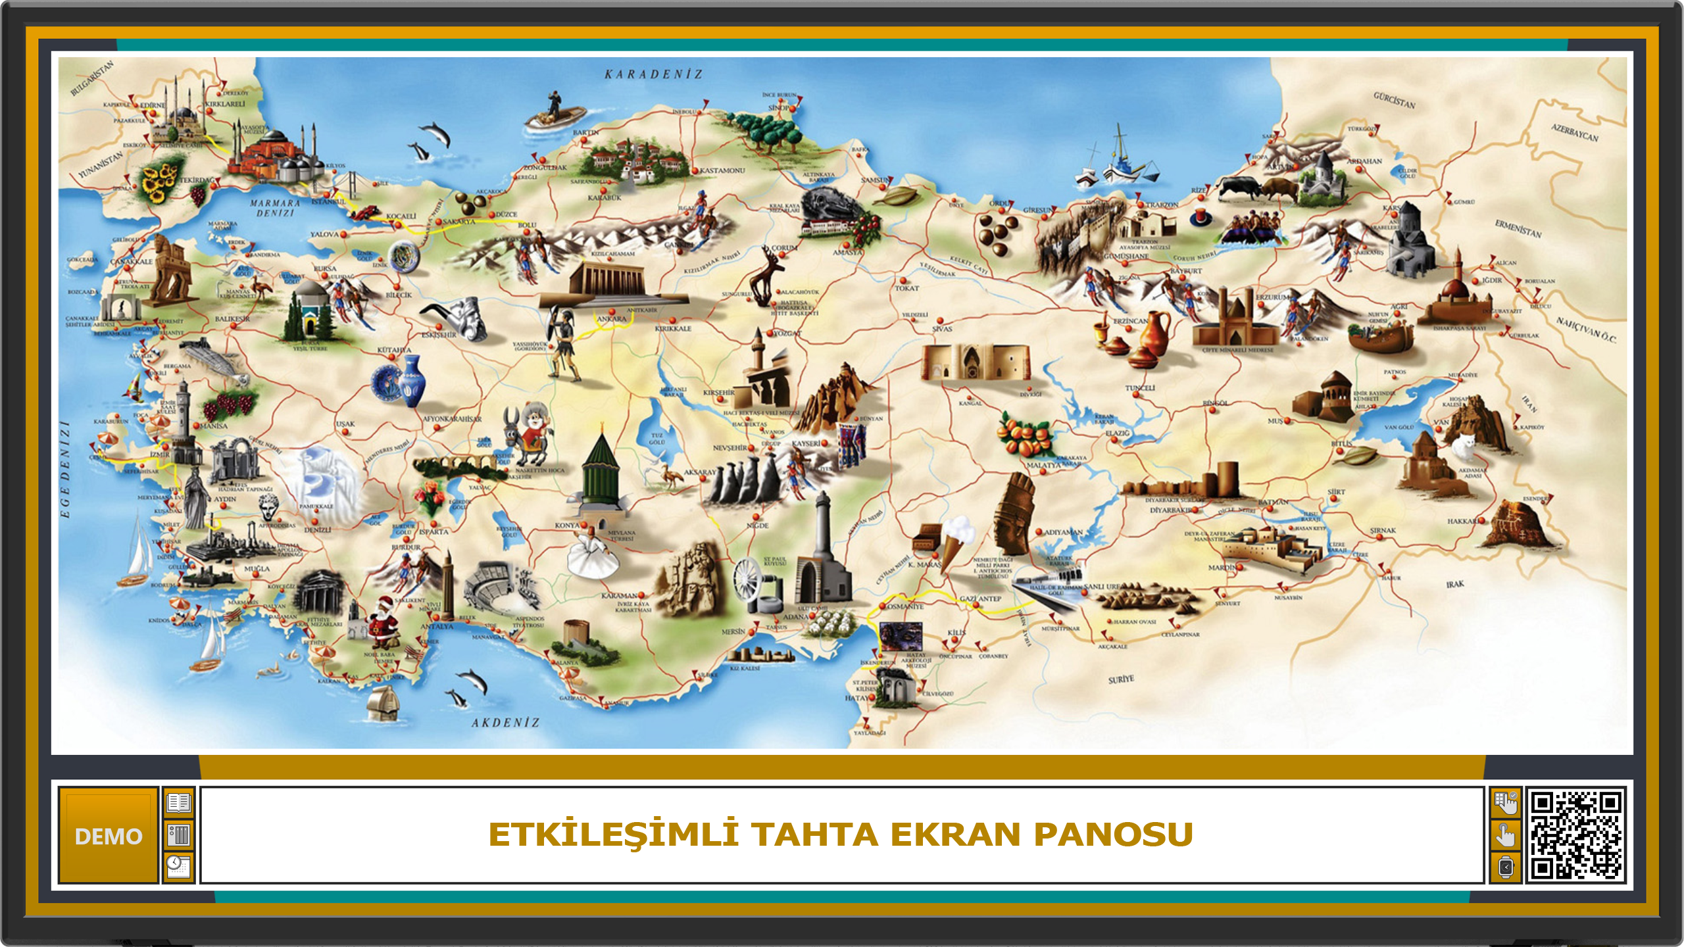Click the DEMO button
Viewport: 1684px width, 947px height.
[109, 835]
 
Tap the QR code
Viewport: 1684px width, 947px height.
[1575, 835]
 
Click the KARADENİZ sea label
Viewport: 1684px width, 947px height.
[653, 74]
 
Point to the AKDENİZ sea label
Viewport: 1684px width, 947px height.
[505, 723]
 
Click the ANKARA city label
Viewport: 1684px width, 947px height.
[611, 319]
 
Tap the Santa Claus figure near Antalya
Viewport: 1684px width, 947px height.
[382, 621]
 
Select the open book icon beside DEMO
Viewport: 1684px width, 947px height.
[179, 803]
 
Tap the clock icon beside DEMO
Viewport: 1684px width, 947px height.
[179, 867]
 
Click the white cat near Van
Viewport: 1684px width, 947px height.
[1463, 447]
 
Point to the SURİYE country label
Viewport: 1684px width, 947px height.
[1121, 679]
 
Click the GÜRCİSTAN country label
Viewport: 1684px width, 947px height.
[1394, 100]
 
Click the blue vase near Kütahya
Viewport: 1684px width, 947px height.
[410, 381]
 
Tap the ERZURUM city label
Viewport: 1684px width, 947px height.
[1273, 297]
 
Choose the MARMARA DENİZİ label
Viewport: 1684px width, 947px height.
[275, 208]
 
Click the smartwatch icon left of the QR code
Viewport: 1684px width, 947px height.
[1505, 867]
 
